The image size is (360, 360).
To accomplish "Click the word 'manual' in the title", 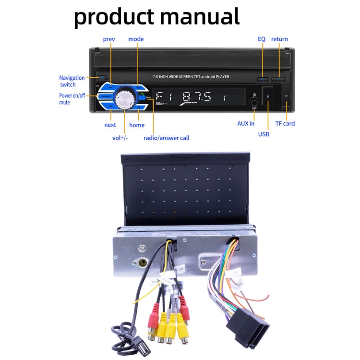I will coord(199,16).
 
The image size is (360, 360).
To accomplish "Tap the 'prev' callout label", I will coord(109,39).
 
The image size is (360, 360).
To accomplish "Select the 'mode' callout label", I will coord(136,39).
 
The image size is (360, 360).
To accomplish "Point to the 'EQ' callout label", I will coord(262,39).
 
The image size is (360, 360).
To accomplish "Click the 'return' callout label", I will coord(279,39).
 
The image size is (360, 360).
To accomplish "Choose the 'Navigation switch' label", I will coord(72,81).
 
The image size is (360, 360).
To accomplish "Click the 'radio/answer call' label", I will coord(167,138).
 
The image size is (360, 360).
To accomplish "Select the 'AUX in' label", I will coord(246,123).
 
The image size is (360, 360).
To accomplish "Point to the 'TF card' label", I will coord(285,123).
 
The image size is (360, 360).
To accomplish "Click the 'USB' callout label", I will coord(264,134).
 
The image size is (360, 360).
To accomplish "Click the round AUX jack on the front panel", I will coord(254,101).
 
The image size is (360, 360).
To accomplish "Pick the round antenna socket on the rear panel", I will coord(143,263).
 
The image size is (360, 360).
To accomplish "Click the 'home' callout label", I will coord(137,125).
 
